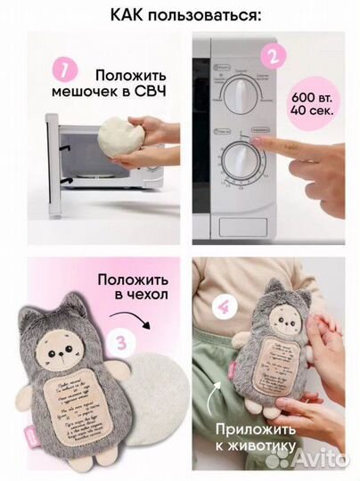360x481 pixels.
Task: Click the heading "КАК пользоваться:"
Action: point(179,15)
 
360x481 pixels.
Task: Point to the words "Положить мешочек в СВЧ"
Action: point(124,81)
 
